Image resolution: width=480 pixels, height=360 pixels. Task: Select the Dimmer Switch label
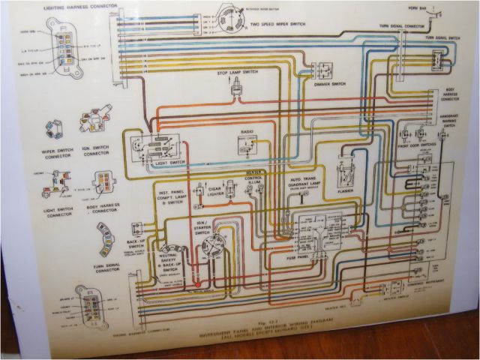click(x=327, y=83)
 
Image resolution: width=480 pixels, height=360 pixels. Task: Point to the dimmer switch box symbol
click(x=325, y=68)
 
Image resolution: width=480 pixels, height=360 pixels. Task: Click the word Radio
click(x=247, y=133)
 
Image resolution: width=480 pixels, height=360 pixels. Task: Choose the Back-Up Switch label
click(x=136, y=244)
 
